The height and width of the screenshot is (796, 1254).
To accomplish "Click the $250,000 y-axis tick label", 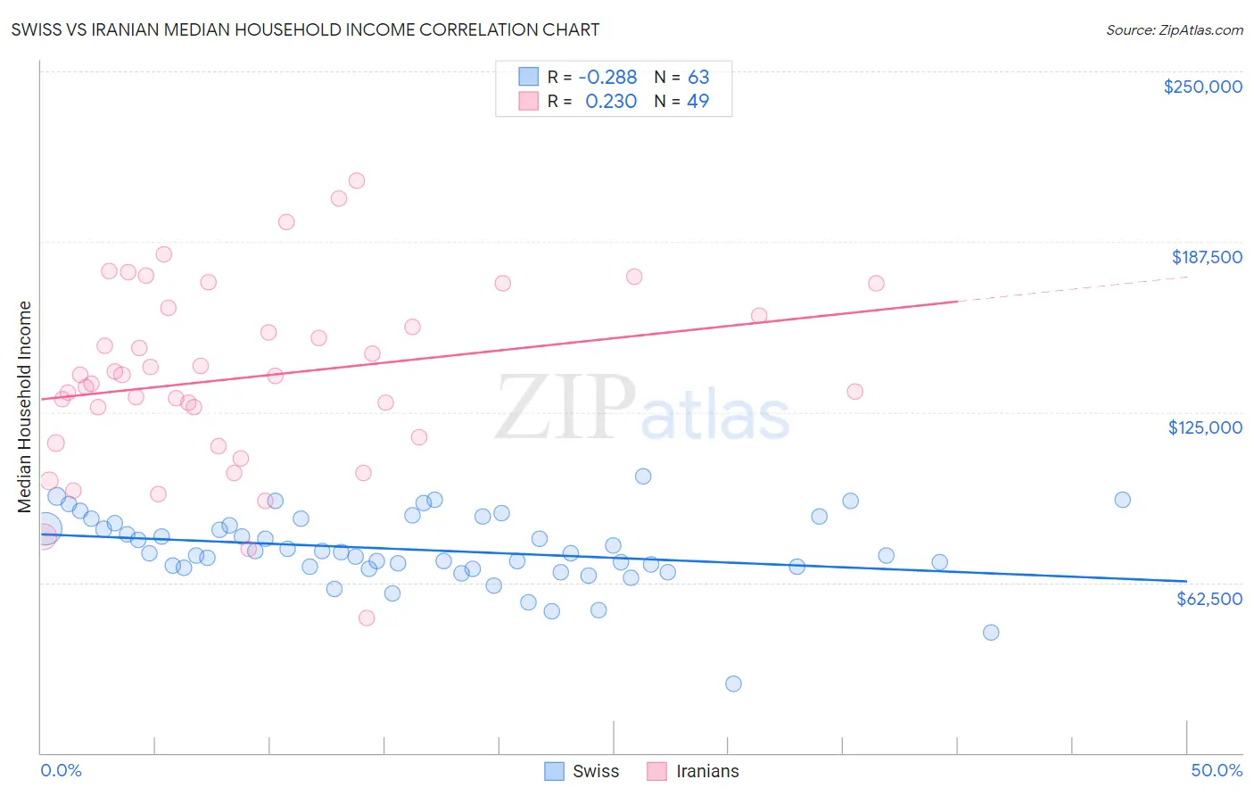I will click(x=1202, y=87).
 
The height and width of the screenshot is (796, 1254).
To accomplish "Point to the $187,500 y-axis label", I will click(x=1206, y=257).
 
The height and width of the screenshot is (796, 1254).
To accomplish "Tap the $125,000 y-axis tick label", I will click(x=1205, y=427).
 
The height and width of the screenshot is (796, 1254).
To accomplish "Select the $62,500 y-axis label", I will click(x=1209, y=599).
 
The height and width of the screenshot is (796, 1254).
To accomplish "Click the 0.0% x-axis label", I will click(x=61, y=770).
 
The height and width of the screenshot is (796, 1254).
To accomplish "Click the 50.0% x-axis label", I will click(x=1217, y=770).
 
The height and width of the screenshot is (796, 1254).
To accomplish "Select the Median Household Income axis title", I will click(x=25, y=407).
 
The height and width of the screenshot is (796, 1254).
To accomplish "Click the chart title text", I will click(x=305, y=29).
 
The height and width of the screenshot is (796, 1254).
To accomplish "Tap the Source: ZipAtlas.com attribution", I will click(x=1174, y=29).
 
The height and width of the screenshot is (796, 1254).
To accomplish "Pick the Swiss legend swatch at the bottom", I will click(x=554, y=771).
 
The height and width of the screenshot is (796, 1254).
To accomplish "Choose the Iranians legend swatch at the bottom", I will click(x=657, y=771).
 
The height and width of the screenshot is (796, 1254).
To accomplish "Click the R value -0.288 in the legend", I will click(x=607, y=78).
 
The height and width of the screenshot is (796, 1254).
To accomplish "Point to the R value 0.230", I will click(x=611, y=102).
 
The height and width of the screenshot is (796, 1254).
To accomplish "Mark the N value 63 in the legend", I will click(x=698, y=78).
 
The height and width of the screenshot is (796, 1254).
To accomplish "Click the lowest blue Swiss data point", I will click(x=733, y=684).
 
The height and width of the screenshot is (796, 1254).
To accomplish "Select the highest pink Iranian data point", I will click(x=357, y=180).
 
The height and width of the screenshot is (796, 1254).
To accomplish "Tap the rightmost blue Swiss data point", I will click(x=1123, y=500).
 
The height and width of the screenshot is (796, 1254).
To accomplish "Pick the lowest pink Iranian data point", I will click(x=366, y=618).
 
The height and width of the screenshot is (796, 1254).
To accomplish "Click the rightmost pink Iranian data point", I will click(x=876, y=283).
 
